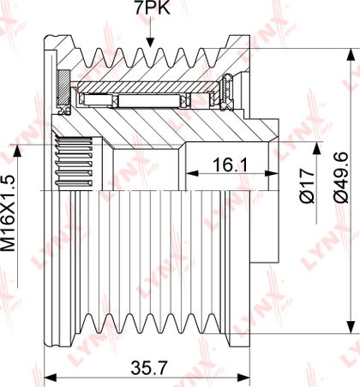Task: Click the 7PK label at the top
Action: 153,8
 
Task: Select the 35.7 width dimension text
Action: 148,368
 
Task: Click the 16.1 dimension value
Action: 231,165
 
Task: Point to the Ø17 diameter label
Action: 307,186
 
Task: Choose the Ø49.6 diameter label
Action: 342,177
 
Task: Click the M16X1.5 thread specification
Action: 8,213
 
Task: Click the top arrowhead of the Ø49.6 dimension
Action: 351,54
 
